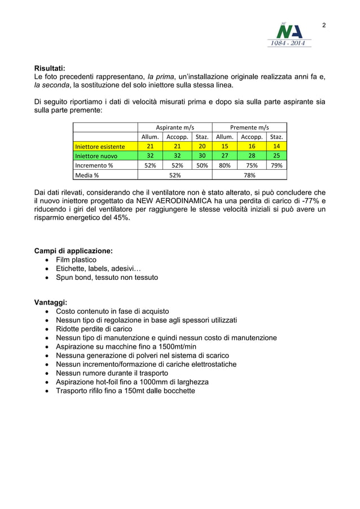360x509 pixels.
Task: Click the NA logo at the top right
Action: pos(288,34)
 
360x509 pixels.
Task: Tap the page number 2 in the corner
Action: pos(324,25)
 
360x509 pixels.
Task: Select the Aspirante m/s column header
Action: pos(174,128)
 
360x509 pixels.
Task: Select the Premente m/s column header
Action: pos(249,128)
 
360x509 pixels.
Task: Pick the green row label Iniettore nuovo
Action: pos(94,156)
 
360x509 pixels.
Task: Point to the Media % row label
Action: pos(87,175)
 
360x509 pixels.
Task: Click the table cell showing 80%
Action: pos(224,165)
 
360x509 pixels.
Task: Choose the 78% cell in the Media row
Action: pos(249,175)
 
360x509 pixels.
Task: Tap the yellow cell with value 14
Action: pos(276,147)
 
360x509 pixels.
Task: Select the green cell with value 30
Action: pos(202,156)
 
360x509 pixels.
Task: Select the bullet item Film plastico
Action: pos(76,260)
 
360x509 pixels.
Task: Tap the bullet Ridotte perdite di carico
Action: pos(94,329)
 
